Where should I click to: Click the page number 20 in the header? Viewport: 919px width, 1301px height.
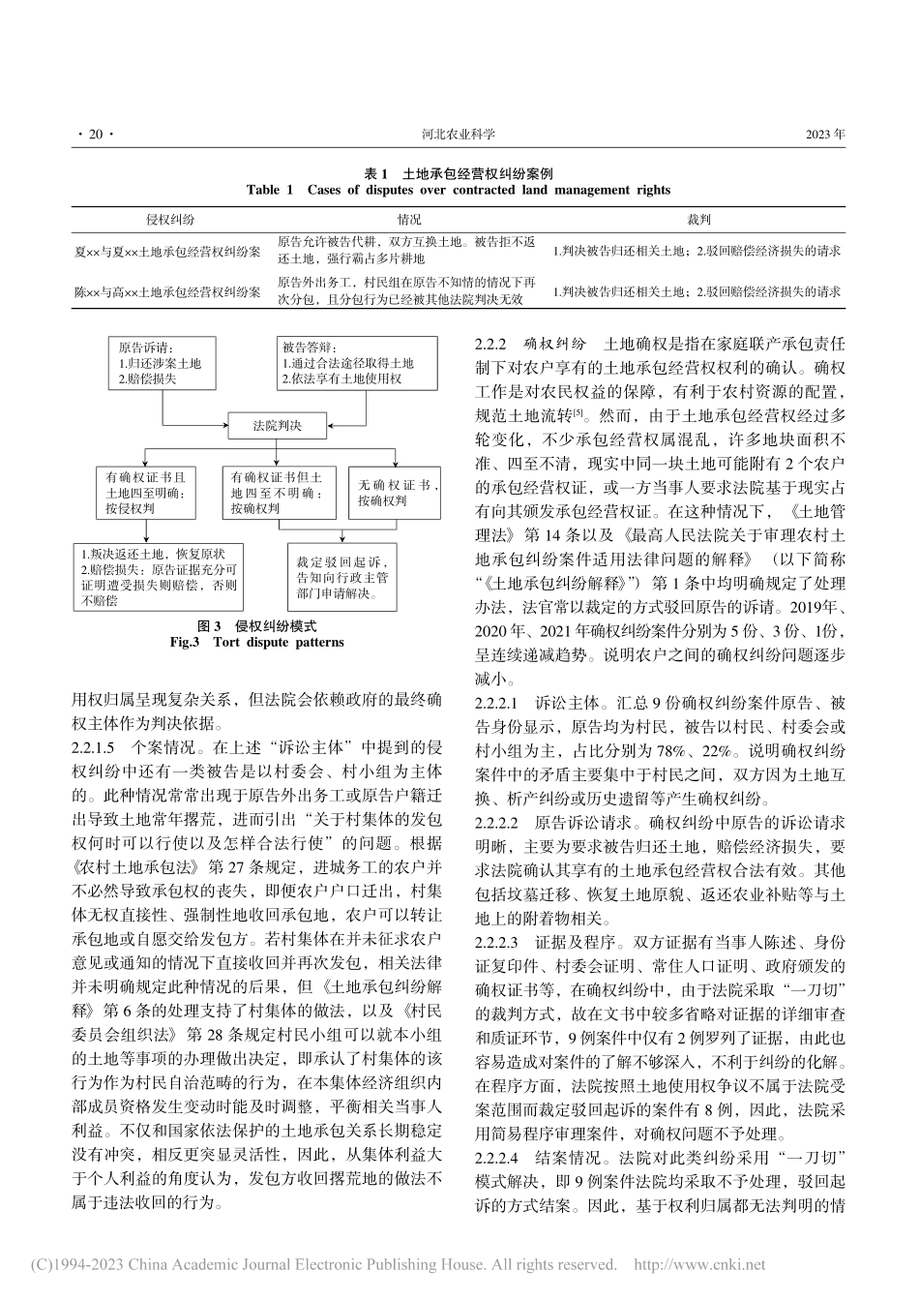(95, 136)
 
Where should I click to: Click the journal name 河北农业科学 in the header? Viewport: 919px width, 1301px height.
(459, 136)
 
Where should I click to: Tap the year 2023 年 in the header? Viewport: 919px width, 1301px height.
(824, 136)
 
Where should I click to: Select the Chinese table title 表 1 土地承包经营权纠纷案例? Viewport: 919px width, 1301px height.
(459, 173)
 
